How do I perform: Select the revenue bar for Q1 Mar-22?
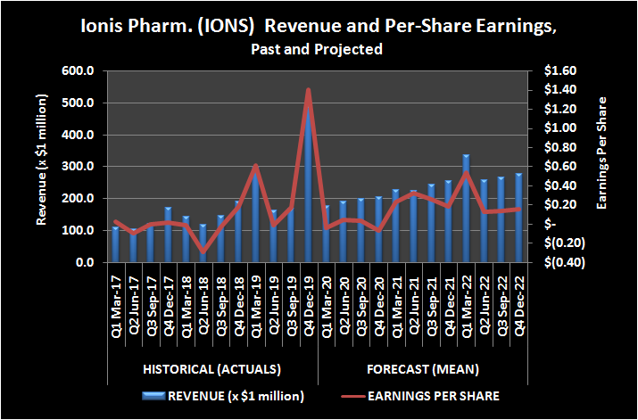(465, 210)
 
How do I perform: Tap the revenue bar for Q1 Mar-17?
(115, 245)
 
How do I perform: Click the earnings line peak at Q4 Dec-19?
(308, 90)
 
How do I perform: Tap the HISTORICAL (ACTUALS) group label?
(211, 368)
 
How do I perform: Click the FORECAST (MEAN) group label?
(422, 368)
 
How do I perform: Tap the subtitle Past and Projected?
(319, 49)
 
